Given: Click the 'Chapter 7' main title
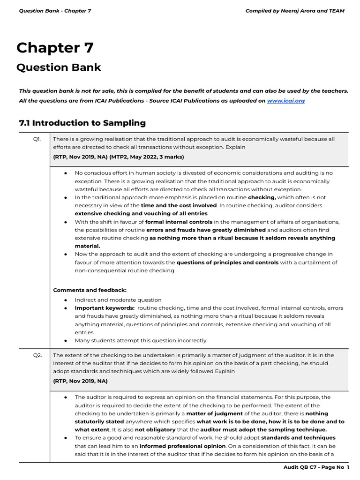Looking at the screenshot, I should point(55,48).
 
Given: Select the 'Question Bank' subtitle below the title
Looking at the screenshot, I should point(59,67).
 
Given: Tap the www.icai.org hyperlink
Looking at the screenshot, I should point(285,101).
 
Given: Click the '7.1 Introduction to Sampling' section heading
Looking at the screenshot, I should point(82,123).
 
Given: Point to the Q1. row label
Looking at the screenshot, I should point(37,139).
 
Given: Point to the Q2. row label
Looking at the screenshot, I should point(37,355).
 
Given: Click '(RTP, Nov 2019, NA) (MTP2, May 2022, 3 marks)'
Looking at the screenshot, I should point(119,157).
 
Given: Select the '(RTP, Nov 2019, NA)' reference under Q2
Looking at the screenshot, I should point(80,381).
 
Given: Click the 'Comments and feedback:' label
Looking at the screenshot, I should point(90,290).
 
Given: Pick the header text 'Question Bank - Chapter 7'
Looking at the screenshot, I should point(55,11).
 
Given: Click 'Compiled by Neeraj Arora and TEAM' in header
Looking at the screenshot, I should point(295,11).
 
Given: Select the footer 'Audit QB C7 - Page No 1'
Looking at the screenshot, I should point(316,467).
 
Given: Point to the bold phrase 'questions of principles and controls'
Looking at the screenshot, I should point(227,262).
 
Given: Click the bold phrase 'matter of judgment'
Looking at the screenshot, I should point(215,413).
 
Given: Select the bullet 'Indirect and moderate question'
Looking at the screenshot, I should point(118,300).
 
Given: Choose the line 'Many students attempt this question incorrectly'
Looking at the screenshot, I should point(140,340).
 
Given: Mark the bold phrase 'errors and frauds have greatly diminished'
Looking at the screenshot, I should point(206,230).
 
